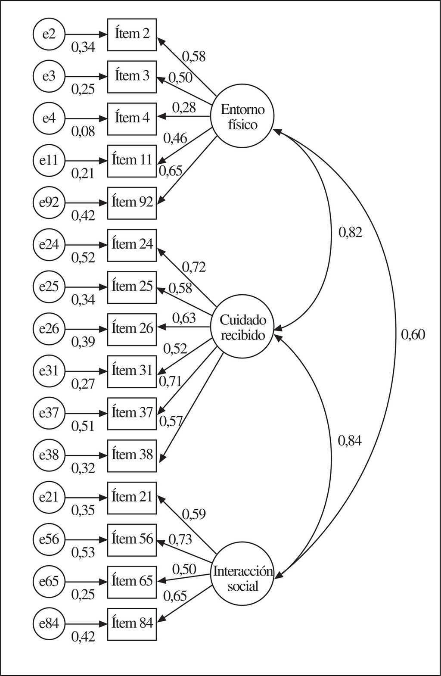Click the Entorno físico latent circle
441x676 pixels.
[242, 117]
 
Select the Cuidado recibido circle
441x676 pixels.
[242, 327]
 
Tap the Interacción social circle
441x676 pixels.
[242, 579]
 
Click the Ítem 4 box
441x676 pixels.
[132, 118]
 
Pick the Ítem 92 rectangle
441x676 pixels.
[132, 202]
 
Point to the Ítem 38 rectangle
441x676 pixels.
[132, 455]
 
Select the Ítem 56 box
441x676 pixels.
[132, 539]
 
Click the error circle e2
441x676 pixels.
[49, 34]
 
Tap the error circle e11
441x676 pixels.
[49, 160]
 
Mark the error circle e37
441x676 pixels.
[49, 413]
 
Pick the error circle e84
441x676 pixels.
[49, 623]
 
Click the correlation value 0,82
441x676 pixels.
[350, 233]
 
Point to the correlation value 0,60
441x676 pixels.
[413, 334]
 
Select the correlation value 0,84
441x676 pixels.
[349, 441]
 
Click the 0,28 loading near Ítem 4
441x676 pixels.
[184, 107]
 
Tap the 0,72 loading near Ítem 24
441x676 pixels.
[194, 267]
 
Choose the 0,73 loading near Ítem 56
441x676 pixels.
[180, 539]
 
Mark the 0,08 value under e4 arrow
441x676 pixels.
[83, 131]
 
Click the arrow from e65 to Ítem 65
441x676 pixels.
[86, 581]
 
